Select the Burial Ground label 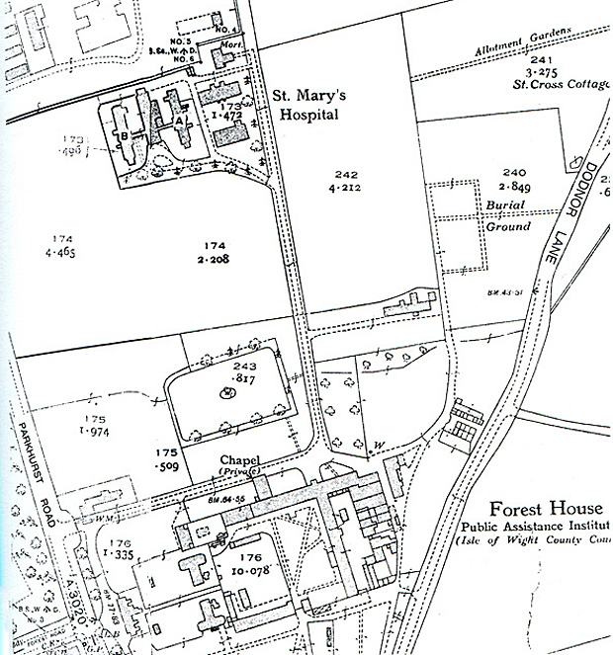tap(507, 215)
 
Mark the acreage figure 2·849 tap(515, 187)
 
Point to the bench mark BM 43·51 tap(504, 291)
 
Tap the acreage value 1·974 tap(94, 432)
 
